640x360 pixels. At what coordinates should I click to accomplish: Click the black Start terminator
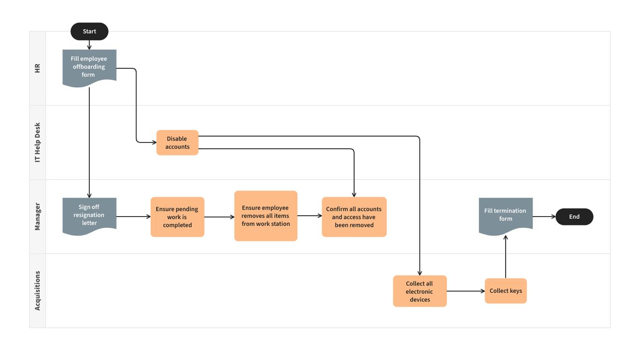click(x=89, y=31)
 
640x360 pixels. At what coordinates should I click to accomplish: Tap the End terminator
click(x=574, y=217)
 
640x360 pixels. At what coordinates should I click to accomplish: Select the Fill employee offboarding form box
click(x=89, y=67)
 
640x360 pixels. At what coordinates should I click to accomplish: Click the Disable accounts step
click(x=177, y=142)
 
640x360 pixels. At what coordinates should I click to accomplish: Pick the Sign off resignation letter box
click(x=89, y=215)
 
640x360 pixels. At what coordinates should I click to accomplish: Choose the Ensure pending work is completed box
click(x=177, y=217)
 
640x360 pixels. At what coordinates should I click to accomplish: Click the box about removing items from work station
click(x=266, y=216)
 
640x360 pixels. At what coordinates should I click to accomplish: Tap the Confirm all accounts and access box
click(x=354, y=217)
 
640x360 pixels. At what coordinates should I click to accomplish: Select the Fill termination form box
click(x=506, y=215)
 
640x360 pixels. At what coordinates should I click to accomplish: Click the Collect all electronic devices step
click(x=420, y=291)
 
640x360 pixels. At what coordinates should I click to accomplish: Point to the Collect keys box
click(x=506, y=291)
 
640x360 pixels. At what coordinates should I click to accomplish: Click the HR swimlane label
click(x=37, y=68)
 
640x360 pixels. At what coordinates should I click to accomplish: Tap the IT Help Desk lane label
click(x=37, y=142)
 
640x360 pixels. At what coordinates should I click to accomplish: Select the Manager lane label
click(x=37, y=217)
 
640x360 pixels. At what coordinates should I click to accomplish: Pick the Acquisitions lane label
click(x=37, y=291)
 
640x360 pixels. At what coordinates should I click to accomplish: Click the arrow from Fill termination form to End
click(x=544, y=217)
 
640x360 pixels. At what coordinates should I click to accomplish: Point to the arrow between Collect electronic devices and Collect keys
click(x=466, y=291)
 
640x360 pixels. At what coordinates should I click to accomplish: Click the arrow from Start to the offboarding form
click(x=89, y=45)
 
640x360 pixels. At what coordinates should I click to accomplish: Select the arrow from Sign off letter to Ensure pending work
click(x=134, y=217)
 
